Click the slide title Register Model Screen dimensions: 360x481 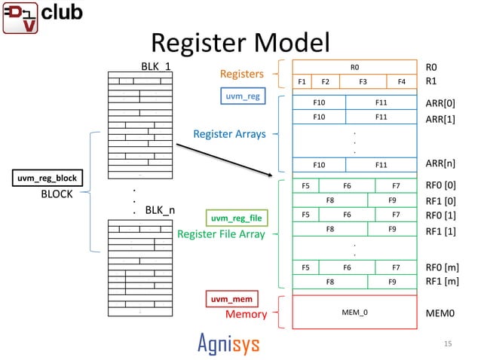click(x=240, y=42)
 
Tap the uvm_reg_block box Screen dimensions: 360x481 click(x=47, y=178)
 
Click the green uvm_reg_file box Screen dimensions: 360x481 click(x=235, y=218)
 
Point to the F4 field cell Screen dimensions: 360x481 click(x=401, y=81)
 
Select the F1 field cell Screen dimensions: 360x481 click(x=302, y=81)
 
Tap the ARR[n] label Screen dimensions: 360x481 click(x=440, y=163)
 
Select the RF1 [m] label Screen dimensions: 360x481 click(x=443, y=282)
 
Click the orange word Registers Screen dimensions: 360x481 click(x=241, y=74)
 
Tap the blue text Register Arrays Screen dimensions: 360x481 click(x=229, y=134)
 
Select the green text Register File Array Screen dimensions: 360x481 click(x=221, y=233)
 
